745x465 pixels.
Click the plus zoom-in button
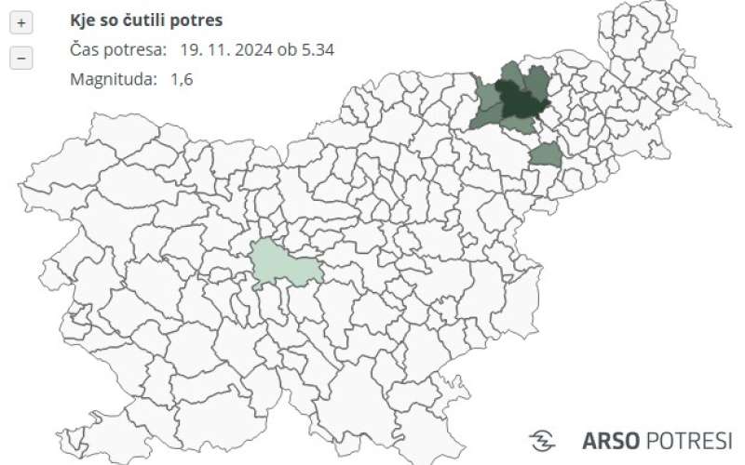click(20, 22)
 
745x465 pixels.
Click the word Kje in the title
click(84, 20)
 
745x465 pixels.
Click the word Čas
click(85, 49)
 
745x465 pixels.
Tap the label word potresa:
click(137, 49)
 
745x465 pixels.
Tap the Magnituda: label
click(113, 79)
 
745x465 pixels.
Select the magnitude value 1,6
click(181, 79)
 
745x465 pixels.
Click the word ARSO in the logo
click(611, 440)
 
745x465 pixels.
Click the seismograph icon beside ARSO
click(542, 441)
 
